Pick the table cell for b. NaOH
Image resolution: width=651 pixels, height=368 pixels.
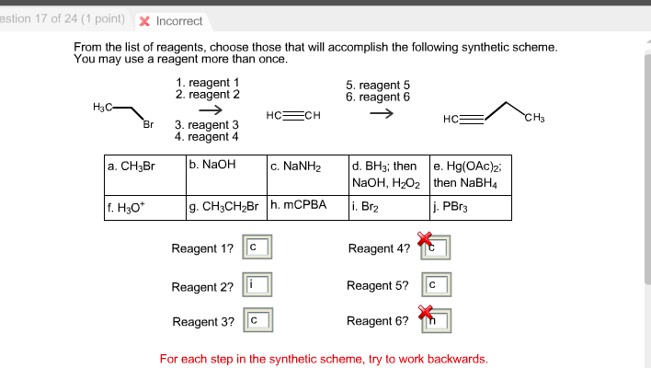pyautogui.click(x=225, y=175)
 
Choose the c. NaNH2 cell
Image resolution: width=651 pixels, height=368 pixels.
pyautogui.click(x=307, y=175)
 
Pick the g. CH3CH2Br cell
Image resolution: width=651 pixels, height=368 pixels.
pyautogui.click(x=225, y=207)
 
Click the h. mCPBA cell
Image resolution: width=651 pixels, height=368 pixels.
pyautogui.click(x=307, y=207)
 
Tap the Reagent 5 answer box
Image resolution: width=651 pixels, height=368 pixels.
pyautogui.click(x=435, y=286)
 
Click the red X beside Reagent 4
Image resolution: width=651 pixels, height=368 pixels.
pyautogui.click(x=425, y=239)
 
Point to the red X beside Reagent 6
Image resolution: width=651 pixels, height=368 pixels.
pyautogui.click(x=425, y=313)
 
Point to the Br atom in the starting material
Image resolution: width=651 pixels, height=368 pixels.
pyautogui.click(x=148, y=124)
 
